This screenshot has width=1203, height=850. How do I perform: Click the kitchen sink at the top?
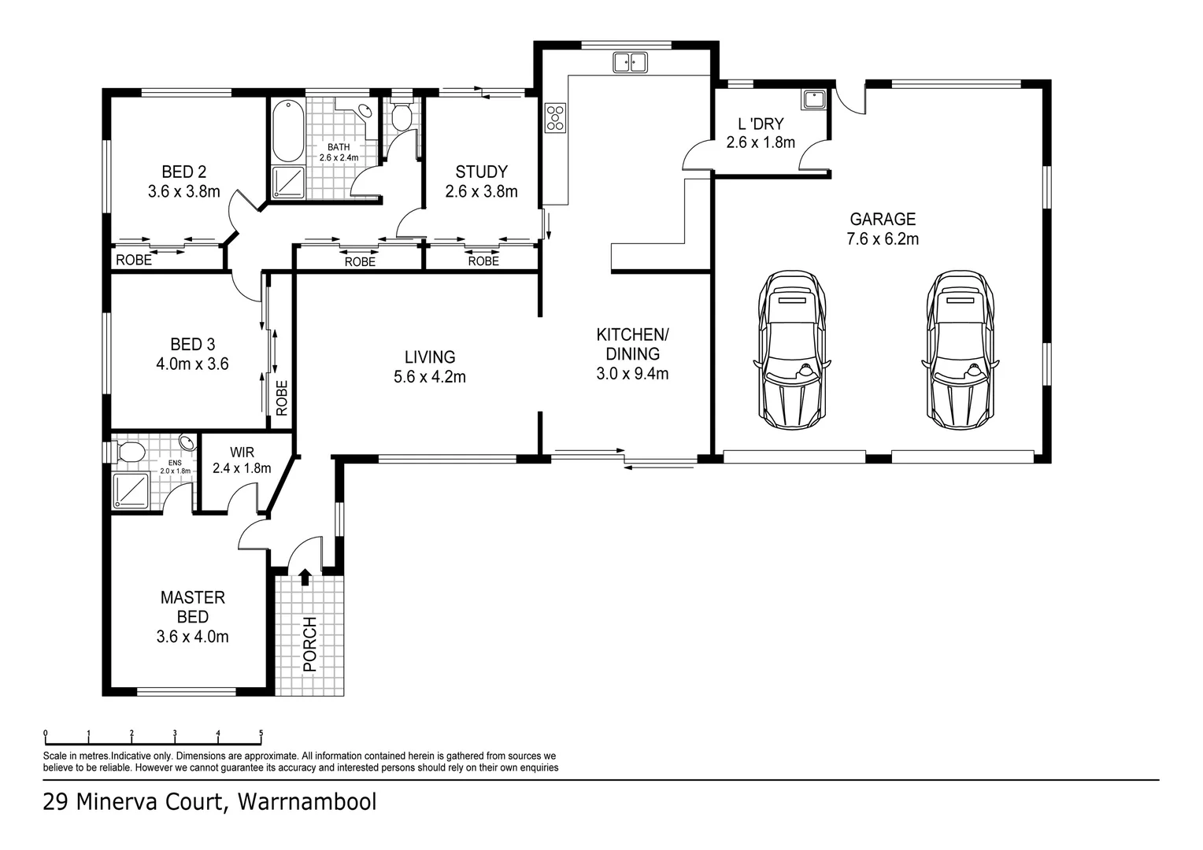pos(630,62)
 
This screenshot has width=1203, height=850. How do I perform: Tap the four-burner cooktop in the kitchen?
pos(555,117)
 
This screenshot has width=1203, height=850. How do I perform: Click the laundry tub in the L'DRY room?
pos(813,100)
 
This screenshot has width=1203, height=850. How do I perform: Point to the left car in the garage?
pos(793,349)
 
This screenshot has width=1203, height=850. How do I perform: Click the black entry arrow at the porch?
pos(305,577)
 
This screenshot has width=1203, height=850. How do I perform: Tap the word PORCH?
pos(309,644)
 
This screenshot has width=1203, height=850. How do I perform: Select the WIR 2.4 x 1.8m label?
pos(242,460)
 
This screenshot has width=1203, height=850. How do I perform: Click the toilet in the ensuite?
pos(128,452)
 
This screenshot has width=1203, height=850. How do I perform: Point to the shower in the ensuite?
pos(131,490)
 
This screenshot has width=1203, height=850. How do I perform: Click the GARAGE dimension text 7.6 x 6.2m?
pos(882,239)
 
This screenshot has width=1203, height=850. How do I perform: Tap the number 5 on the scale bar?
pos(261,734)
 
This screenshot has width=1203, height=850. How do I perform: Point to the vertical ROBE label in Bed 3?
pos(282,398)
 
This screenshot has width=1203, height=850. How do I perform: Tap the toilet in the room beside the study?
pos(402,117)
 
